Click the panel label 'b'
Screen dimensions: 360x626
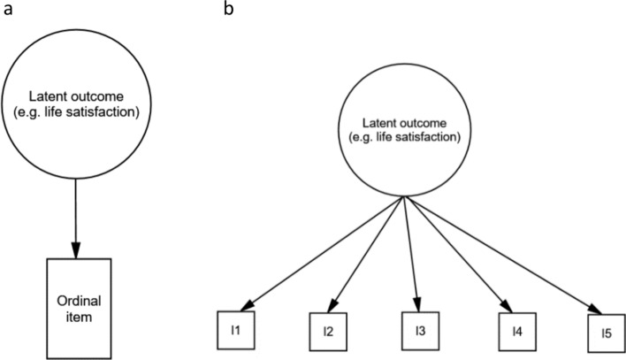pyautogui.click(x=229, y=8)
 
